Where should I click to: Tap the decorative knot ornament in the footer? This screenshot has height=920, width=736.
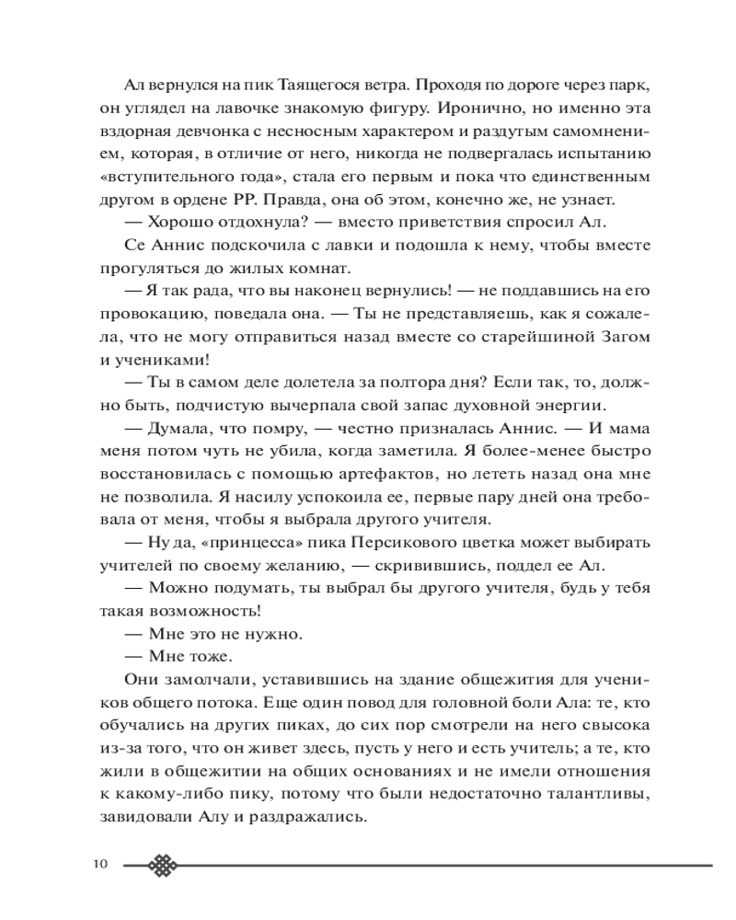(163, 865)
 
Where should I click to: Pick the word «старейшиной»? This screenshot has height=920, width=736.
(521, 336)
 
